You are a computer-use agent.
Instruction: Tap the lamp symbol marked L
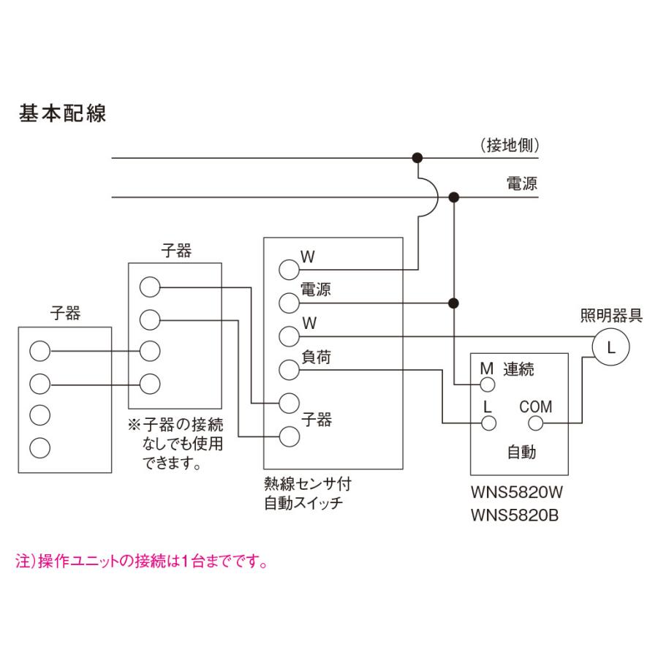612,348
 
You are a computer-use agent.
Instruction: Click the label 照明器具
611,317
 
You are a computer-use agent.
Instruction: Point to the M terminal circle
486,385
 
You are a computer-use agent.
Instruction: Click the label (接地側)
510,145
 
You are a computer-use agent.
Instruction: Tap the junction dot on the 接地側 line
417,157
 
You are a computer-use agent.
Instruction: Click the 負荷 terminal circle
290,370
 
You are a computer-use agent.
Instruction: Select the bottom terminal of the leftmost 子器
40,446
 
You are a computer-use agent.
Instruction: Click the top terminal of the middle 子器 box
149,287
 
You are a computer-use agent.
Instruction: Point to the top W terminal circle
290,268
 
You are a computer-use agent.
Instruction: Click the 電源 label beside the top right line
522,184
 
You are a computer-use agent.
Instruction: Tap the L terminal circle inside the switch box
486,423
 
